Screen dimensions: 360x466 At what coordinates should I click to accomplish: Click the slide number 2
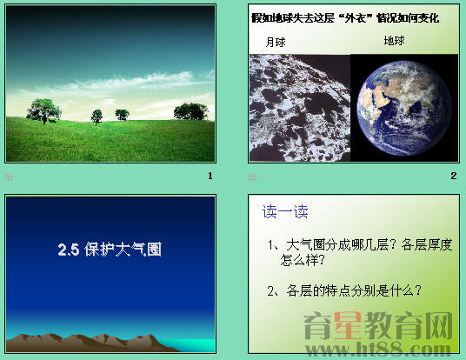pyautogui.click(x=453, y=176)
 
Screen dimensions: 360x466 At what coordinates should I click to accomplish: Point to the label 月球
pyautogui.click(x=276, y=42)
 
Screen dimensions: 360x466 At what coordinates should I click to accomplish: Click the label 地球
pyautogui.click(x=395, y=40)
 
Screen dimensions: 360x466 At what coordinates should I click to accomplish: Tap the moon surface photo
pyautogui.click(x=299, y=106)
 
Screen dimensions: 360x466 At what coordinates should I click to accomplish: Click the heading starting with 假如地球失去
pyautogui.click(x=344, y=17)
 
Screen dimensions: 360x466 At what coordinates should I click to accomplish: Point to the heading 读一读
pyautogui.click(x=285, y=212)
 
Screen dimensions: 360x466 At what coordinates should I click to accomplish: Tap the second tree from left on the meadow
pyautogui.click(x=96, y=116)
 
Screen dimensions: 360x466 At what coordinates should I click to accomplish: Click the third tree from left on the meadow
pyautogui.click(x=122, y=114)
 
